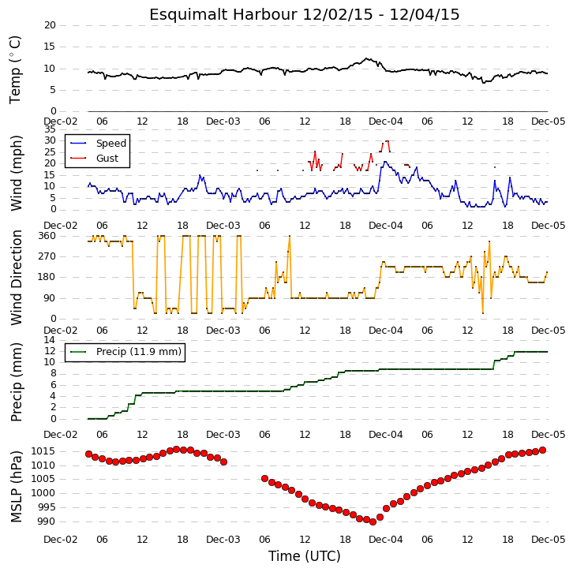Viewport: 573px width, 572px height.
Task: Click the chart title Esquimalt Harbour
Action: click(x=223, y=15)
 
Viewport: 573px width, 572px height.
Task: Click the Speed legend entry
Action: click(x=110, y=143)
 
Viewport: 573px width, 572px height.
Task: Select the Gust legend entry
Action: click(x=107, y=158)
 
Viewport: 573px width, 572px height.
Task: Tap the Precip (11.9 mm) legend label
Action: click(x=139, y=352)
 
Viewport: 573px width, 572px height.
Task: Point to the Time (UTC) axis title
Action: click(x=304, y=556)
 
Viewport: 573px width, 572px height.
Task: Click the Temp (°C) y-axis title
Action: click(x=15, y=69)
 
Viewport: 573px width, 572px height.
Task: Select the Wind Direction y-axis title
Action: click(x=16, y=278)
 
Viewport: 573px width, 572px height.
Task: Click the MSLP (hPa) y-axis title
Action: click(x=16, y=487)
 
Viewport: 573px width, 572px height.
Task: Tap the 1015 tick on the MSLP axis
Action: click(x=43, y=451)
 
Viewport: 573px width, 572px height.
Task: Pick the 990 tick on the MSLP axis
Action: click(x=46, y=522)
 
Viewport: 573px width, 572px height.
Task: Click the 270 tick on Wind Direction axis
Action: click(x=47, y=256)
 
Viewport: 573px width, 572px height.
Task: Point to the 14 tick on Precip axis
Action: click(x=50, y=340)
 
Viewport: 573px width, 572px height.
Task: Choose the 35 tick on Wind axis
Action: click(x=50, y=129)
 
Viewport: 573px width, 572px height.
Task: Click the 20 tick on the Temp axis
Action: click(x=50, y=25)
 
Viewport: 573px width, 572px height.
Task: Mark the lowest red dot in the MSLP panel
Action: click(x=373, y=522)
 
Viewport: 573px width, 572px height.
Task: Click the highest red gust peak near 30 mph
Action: click(x=387, y=140)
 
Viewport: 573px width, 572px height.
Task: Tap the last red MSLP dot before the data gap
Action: click(x=224, y=462)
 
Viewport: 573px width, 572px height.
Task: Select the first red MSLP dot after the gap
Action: click(x=265, y=478)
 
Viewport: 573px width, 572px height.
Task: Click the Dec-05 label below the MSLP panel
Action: click(x=549, y=539)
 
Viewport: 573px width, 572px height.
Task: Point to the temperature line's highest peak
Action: click(x=366, y=58)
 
